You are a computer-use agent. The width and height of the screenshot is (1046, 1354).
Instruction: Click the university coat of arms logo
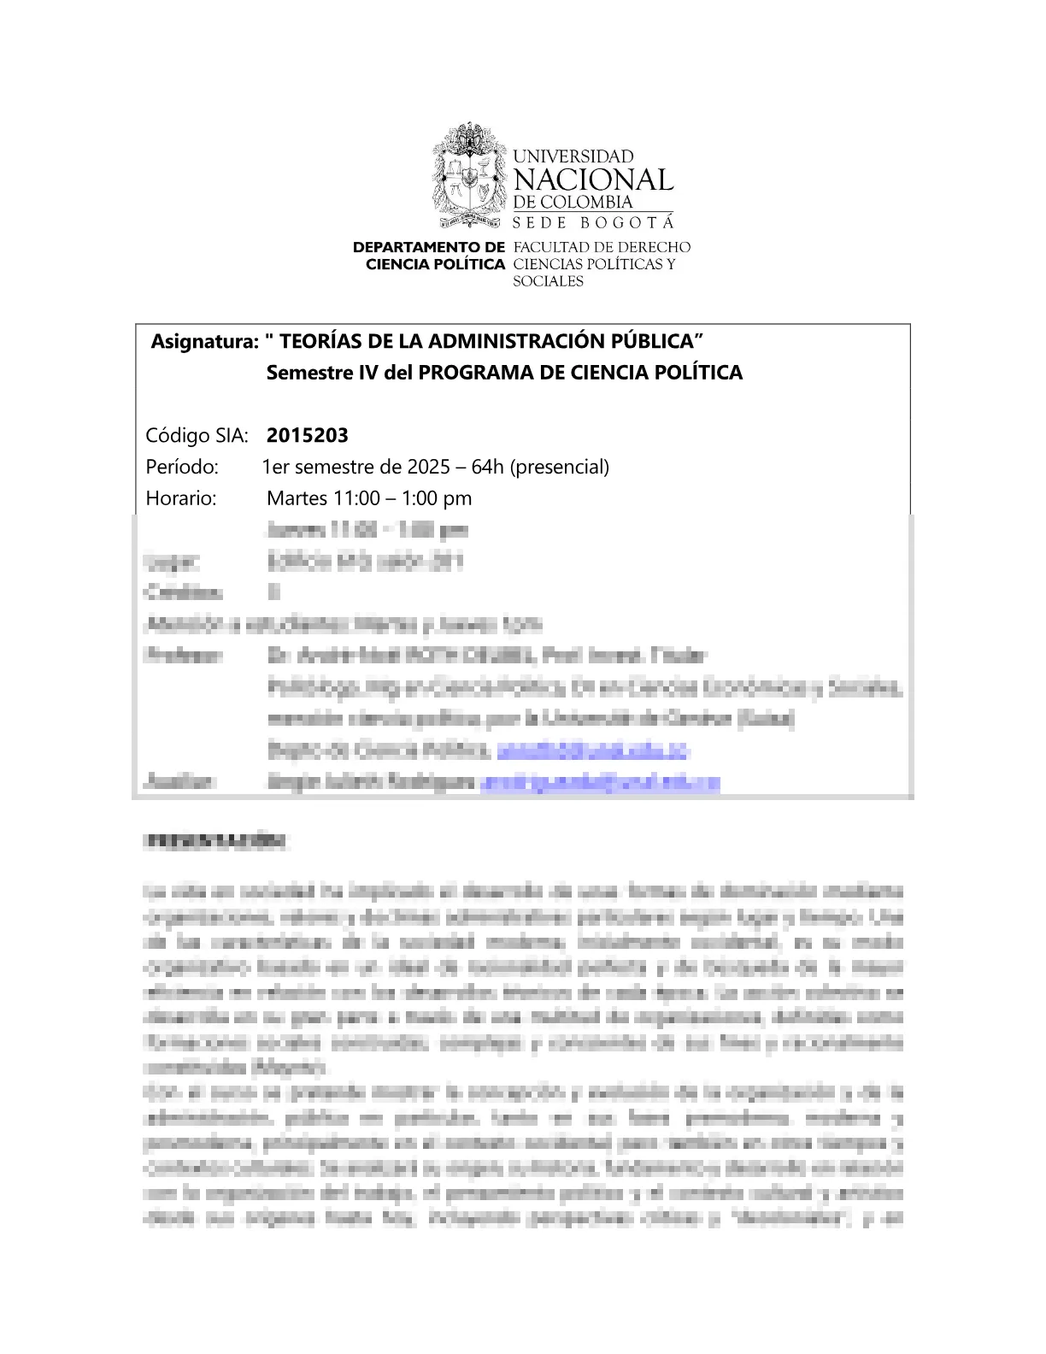click(x=469, y=175)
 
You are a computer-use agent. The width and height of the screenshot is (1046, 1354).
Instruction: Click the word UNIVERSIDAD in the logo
click(x=573, y=156)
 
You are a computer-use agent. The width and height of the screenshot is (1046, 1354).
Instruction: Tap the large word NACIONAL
click(x=593, y=180)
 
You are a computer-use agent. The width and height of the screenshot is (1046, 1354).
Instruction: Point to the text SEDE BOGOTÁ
click(x=593, y=222)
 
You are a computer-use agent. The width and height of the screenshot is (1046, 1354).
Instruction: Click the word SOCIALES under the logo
click(x=548, y=281)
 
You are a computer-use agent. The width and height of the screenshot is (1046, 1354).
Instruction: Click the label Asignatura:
click(x=205, y=342)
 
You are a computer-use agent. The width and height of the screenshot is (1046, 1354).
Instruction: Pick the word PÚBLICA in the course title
click(x=656, y=342)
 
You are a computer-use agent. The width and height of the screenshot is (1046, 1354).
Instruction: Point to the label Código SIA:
click(x=197, y=436)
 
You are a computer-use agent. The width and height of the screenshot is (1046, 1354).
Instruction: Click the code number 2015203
click(x=308, y=436)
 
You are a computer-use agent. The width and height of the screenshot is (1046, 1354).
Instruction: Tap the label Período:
click(x=182, y=468)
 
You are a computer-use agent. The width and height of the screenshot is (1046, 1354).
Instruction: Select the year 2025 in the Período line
click(x=428, y=468)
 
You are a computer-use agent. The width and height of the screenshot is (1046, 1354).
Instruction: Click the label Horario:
click(x=181, y=498)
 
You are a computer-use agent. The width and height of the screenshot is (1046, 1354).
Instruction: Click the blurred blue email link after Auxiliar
click(x=600, y=782)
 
